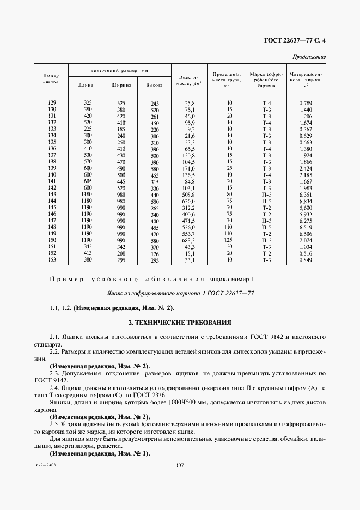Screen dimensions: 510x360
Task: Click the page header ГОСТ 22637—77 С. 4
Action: (295, 40)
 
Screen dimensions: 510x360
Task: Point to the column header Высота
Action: (154, 86)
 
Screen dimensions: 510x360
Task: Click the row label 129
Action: (53, 103)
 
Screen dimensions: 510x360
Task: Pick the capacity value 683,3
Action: (188, 240)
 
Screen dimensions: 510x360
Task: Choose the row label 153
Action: (53, 260)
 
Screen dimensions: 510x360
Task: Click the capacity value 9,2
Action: (190, 129)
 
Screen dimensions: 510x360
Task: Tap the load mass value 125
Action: (229, 240)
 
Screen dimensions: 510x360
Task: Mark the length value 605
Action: (87, 181)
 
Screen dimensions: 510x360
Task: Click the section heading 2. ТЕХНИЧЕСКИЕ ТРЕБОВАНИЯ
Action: (180, 323)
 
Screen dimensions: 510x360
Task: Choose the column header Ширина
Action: (121, 86)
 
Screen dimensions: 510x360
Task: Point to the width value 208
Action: (121, 253)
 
